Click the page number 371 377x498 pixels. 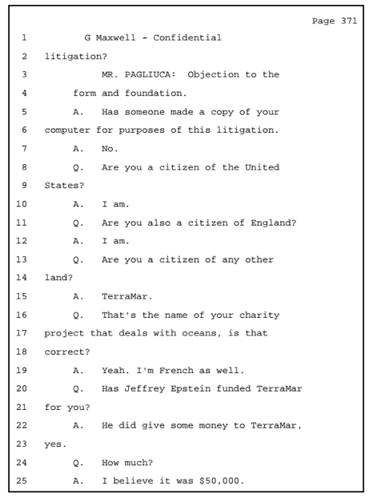pyautogui.click(x=349, y=21)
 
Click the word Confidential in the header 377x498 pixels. pyautogui.click(x=187, y=38)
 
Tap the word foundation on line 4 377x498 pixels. pyautogui.click(x=155, y=93)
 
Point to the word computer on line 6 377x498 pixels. pyautogui.click(x=67, y=131)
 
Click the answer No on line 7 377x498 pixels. pyautogui.click(x=110, y=149)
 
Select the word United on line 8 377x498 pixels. pyautogui.click(x=262, y=167)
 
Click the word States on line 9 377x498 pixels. pyautogui.click(x=64, y=186)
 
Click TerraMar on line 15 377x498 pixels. pyautogui.click(x=127, y=296)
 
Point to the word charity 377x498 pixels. pyautogui.click(x=259, y=315)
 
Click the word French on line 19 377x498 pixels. pyautogui.click(x=176, y=371)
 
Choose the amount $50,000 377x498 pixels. pyautogui.click(x=222, y=481)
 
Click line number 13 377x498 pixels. pyautogui.click(x=22, y=259)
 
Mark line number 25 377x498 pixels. pyautogui.click(x=22, y=480)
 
